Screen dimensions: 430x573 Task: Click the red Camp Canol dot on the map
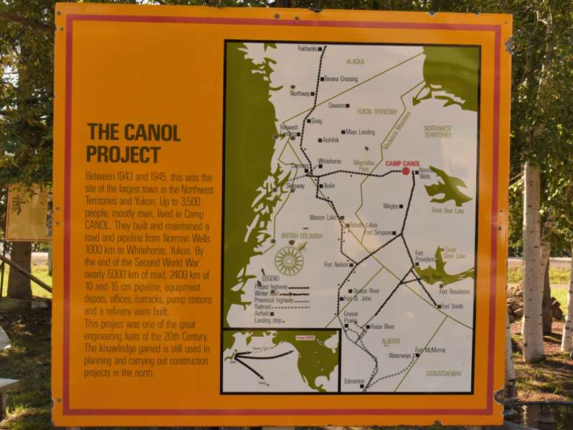(x=406, y=171)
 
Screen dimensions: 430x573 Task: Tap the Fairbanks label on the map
(x=307, y=49)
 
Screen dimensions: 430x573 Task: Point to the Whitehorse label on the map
(x=329, y=161)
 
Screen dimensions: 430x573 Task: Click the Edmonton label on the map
(x=354, y=381)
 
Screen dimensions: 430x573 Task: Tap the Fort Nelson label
(x=336, y=264)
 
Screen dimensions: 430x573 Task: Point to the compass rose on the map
(x=289, y=261)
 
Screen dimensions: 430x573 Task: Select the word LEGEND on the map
(x=270, y=278)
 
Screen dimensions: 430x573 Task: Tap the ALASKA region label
(x=355, y=62)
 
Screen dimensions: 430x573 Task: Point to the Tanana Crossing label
(x=341, y=79)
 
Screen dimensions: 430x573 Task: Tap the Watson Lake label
(x=322, y=217)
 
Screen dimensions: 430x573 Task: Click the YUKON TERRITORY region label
(x=377, y=112)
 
